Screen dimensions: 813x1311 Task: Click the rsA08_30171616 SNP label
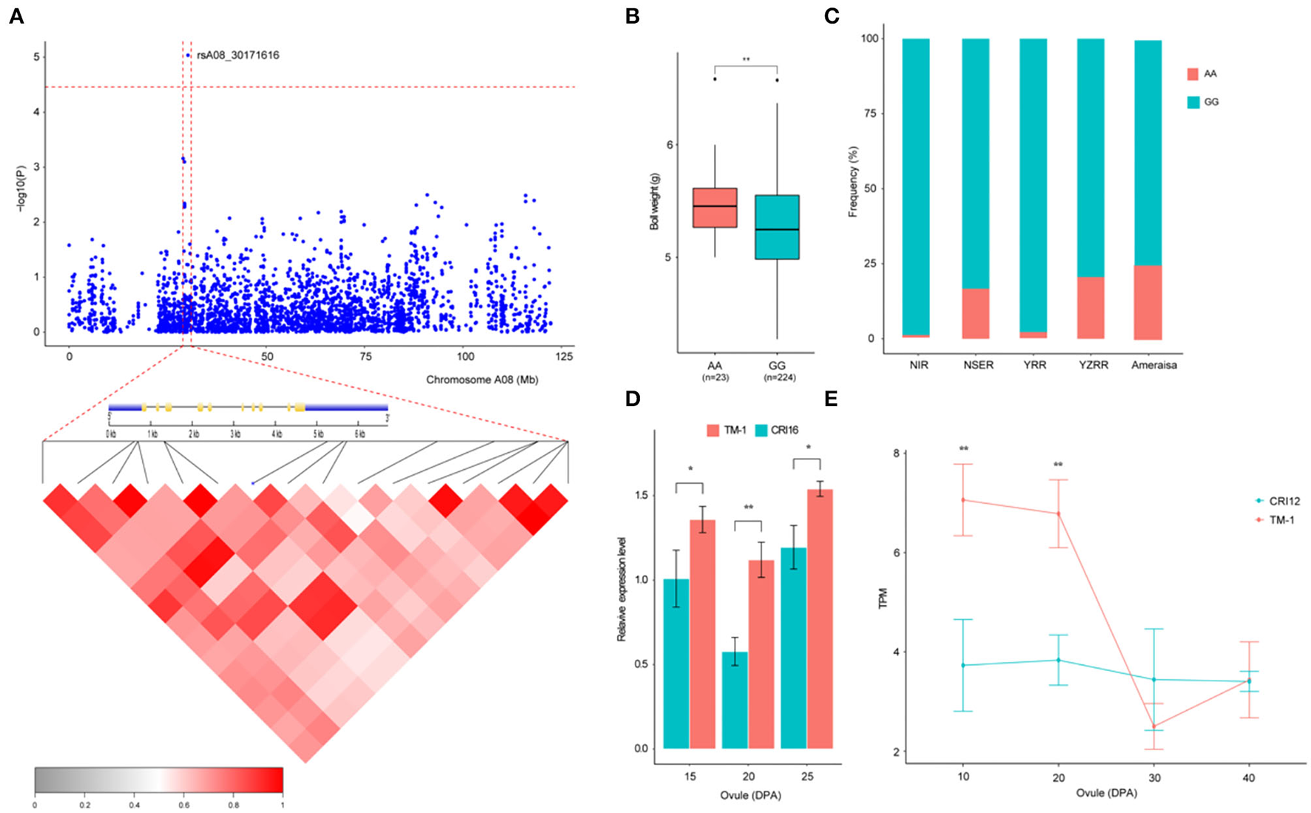[x=237, y=55]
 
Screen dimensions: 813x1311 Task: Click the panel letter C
[x=832, y=16]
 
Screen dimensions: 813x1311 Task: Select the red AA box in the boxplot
[x=715, y=208]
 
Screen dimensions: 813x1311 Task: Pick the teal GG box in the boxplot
[x=777, y=227]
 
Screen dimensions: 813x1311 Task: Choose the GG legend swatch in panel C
[x=1193, y=102]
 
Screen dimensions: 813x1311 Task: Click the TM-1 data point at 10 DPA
[x=963, y=500]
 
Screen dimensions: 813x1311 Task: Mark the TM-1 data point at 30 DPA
[x=1153, y=726]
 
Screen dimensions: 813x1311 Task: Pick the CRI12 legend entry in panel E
[x=1277, y=501]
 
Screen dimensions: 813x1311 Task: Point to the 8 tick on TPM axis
[x=894, y=453]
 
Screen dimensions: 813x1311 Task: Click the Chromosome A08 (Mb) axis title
[x=482, y=379]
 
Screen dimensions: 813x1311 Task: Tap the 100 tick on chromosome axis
[x=465, y=357]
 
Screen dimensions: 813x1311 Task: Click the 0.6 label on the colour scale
[x=183, y=805]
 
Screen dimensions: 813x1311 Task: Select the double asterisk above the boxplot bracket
[x=746, y=60]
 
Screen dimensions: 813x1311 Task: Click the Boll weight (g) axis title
[x=654, y=201]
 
